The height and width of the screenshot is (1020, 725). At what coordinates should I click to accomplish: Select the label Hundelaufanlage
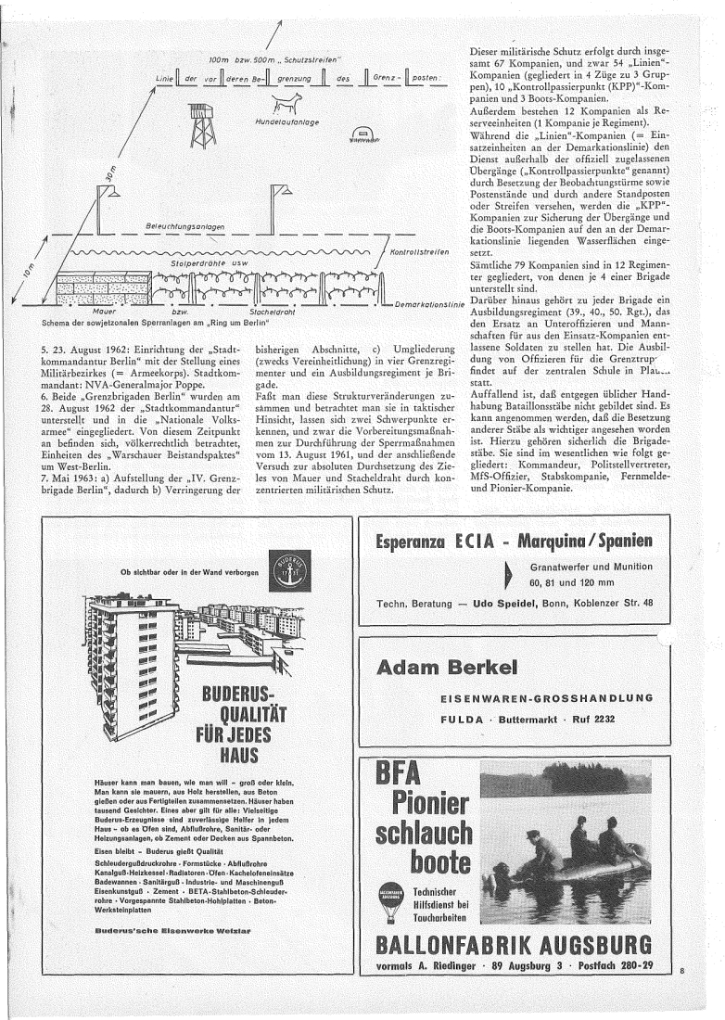coord(279,121)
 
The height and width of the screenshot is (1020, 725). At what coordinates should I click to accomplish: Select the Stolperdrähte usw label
coord(206,263)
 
